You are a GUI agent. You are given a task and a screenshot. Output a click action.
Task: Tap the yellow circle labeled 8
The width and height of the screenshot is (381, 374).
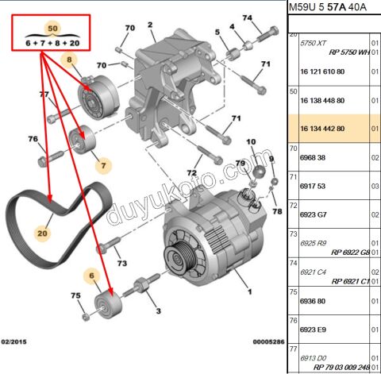[x=69, y=60]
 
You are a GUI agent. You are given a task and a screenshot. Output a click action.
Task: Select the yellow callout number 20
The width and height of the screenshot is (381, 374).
[x=42, y=234]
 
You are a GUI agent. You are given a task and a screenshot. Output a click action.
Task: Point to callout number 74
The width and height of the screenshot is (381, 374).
[x=247, y=17]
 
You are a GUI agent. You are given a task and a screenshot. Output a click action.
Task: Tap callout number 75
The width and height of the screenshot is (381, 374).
[x=75, y=295]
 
